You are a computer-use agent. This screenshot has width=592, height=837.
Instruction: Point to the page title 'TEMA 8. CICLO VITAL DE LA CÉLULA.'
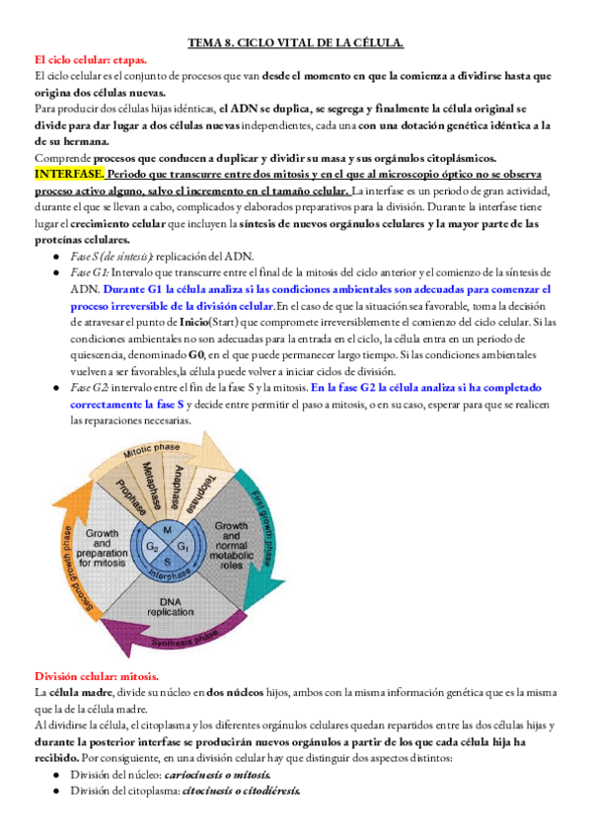click(296, 43)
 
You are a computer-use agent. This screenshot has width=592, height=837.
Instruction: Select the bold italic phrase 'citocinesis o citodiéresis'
click(241, 791)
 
